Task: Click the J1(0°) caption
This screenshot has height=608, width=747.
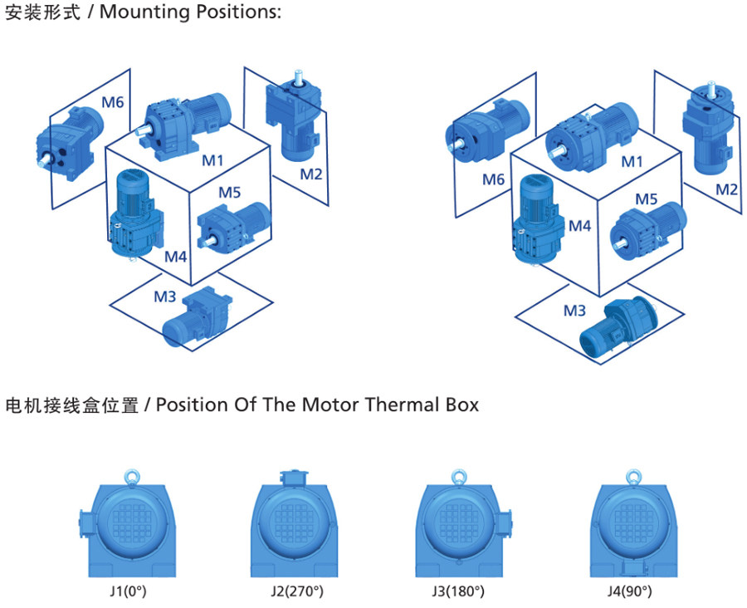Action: [x=128, y=591]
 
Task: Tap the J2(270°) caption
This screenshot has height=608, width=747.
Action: [x=297, y=591]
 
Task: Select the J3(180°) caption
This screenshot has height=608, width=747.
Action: [x=458, y=591]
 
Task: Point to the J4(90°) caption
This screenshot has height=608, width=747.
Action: [x=629, y=591]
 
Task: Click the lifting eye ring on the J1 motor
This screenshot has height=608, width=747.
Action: [x=131, y=477]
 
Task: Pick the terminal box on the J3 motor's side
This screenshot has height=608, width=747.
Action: [x=505, y=521]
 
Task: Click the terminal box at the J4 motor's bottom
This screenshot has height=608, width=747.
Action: [x=633, y=568]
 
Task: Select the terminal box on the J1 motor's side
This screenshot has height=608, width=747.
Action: [x=86, y=521]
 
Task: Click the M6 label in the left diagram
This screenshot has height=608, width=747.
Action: [x=112, y=101]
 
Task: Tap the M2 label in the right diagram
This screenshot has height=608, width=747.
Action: [x=726, y=189]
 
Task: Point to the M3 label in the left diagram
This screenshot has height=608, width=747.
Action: [x=165, y=297]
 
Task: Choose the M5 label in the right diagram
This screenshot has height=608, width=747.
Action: [x=647, y=199]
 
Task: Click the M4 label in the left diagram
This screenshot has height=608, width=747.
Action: [x=176, y=257]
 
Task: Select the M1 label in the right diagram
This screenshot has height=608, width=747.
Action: [x=632, y=162]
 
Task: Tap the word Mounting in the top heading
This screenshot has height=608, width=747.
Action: [x=145, y=12]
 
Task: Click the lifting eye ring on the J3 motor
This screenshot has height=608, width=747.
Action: [x=460, y=477]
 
